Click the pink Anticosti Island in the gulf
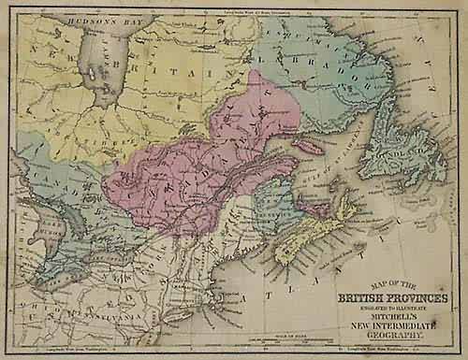click(313, 147)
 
